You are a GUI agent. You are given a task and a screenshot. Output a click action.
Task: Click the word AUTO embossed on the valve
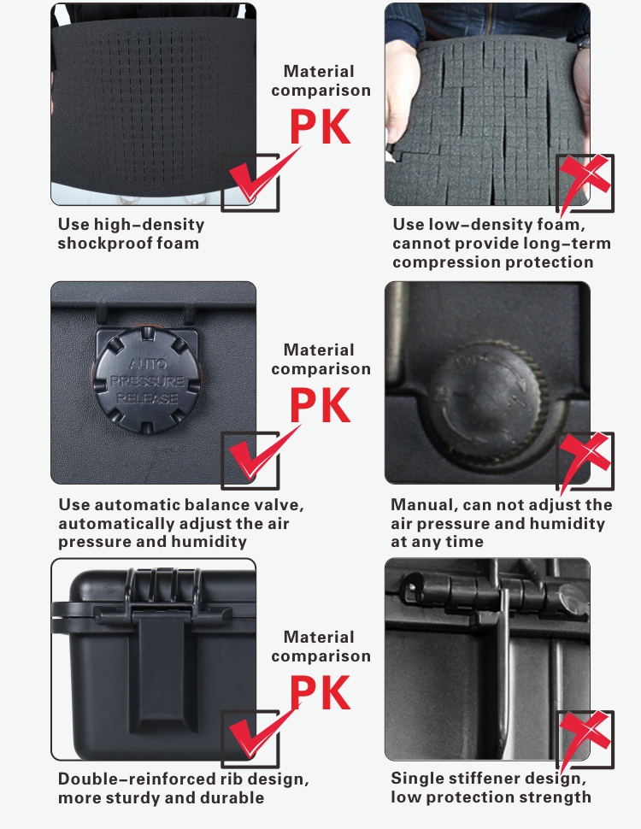coord(148,364)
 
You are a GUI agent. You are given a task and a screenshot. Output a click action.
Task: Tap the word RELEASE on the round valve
coord(147,398)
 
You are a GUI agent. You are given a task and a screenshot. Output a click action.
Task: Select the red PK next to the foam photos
coord(320,126)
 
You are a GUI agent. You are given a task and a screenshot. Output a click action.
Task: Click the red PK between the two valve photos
coord(320,405)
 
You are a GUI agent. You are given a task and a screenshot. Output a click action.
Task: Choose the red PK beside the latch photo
coord(320,692)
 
